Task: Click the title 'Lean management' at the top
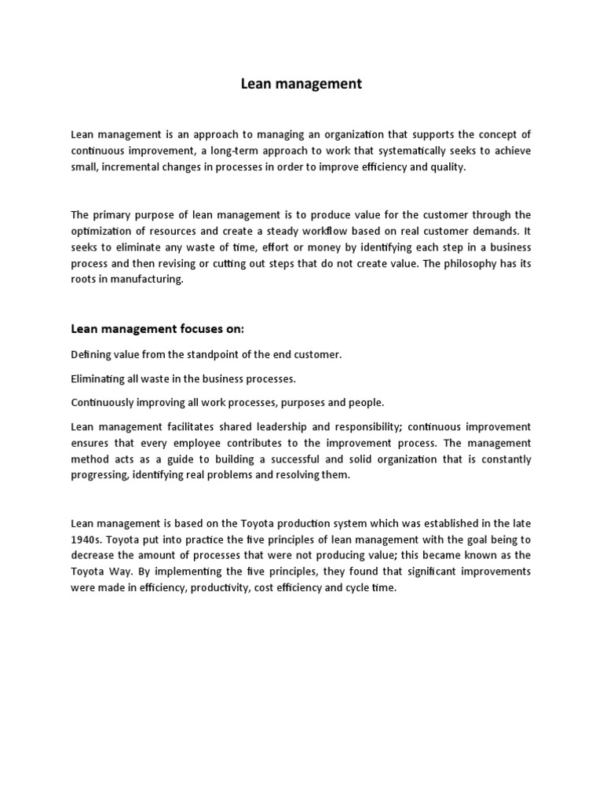coord(301,84)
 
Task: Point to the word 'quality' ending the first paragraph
coord(449,167)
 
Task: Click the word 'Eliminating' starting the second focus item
coord(98,378)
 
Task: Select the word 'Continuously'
coord(103,402)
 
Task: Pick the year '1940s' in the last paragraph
coord(86,539)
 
